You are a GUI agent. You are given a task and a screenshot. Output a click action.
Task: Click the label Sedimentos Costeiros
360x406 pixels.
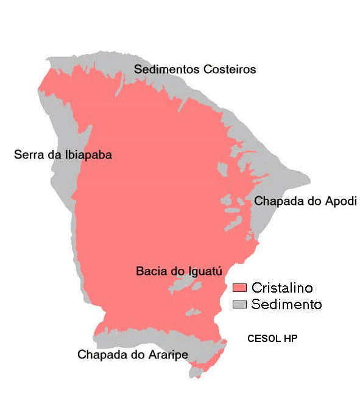pos(195,69)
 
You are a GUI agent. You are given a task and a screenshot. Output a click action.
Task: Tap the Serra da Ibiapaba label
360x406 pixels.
pos(63,155)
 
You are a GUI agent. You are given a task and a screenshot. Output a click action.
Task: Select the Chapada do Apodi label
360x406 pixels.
pos(305,201)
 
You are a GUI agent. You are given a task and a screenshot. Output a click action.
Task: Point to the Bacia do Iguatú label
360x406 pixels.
pos(178,271)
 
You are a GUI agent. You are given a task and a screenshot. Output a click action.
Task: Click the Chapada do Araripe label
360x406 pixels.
pos(133,355)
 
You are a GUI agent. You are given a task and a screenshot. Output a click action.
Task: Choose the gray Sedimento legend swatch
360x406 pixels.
pos(239,304)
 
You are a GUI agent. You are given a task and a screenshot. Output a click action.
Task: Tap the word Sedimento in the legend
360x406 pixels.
pos(286,304)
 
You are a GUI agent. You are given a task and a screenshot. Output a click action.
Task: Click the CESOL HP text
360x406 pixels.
pos(272,338)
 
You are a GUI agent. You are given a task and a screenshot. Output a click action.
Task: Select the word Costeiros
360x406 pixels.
pos(230,69)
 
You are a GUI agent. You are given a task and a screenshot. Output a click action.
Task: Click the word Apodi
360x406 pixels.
pos(341,201)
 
